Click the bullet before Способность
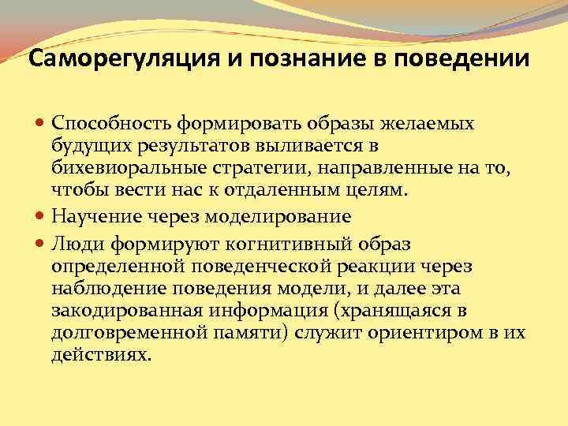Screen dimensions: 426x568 pyautogui.click(x=41, y=123)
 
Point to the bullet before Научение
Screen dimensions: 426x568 pyautogui.click(x=41, y=215)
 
